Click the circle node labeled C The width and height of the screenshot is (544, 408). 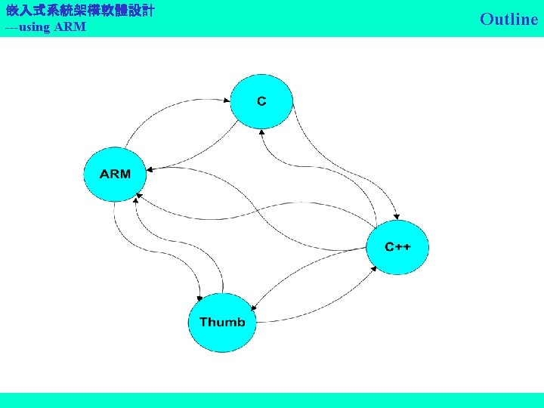(x=261, y=101)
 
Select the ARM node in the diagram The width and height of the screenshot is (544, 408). (x=115, y=174)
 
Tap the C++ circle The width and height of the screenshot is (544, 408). (x=397, y=247)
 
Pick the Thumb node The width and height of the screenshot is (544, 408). (x=222, y=323)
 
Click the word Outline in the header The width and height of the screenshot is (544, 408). (x=508, y=19)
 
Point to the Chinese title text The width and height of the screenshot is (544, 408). (x=80, y=11)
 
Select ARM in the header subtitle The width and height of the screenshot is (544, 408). (x=70, y=27)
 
